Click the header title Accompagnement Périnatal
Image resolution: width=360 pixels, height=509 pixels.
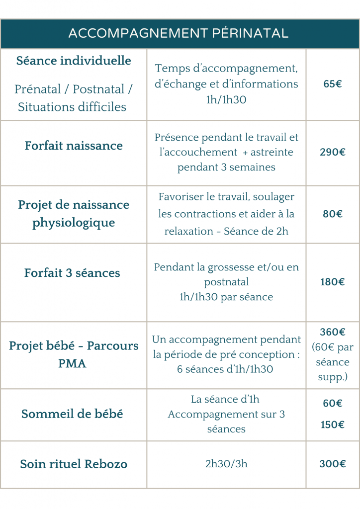179,33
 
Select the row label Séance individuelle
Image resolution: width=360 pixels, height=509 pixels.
74,61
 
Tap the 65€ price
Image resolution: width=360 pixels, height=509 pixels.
332,84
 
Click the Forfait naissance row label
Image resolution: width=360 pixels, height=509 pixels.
74,146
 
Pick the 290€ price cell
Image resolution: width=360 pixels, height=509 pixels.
332,152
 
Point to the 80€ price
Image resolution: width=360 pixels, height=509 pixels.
332,214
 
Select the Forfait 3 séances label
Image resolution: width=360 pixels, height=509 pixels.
72,273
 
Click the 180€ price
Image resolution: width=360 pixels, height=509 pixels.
332,282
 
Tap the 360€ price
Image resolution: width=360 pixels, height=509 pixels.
332,332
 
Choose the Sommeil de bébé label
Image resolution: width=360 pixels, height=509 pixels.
72,414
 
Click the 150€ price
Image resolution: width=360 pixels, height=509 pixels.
332,424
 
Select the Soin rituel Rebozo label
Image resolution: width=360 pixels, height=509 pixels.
74,464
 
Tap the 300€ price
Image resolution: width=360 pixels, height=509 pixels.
332,464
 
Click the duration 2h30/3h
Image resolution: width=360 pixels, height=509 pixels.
226,464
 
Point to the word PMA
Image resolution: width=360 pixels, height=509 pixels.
72,364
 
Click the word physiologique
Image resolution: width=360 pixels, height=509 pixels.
74,223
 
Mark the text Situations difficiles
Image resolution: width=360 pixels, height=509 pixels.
72,107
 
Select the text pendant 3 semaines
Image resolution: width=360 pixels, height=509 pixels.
226,167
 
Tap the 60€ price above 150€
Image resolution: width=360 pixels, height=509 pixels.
332,403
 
